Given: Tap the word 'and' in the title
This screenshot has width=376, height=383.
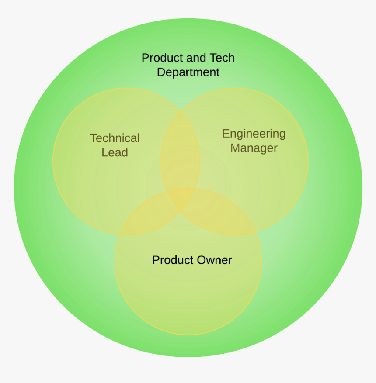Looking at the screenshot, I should pyautogui.click(x=195, y=58).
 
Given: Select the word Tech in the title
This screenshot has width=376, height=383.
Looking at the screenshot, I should pyautogui.click(x=222, y=58).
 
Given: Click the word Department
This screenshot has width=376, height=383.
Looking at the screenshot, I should pyautogui.click(x=188, y=72).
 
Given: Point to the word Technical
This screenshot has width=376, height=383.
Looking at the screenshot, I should pyautogui.click(x=115, y=138).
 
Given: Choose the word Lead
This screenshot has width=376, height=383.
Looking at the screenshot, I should pyautogui.click(x=115, y=153).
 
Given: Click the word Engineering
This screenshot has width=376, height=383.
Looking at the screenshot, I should pyautogui.click(x=254, y=134).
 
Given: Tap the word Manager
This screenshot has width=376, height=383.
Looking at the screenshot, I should pyautogui.click(x=254, y=148).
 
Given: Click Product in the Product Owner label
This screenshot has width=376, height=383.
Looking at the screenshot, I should pyautogui.click(x=171, y=260).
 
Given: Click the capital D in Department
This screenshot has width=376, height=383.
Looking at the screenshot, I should pyautogui.click(x=160, y=72).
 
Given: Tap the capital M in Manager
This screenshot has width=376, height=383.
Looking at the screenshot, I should pyautogui.click(x=235, y=148).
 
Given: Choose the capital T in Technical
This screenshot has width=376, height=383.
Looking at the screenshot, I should pyautogui.click(x=93, y=138).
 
